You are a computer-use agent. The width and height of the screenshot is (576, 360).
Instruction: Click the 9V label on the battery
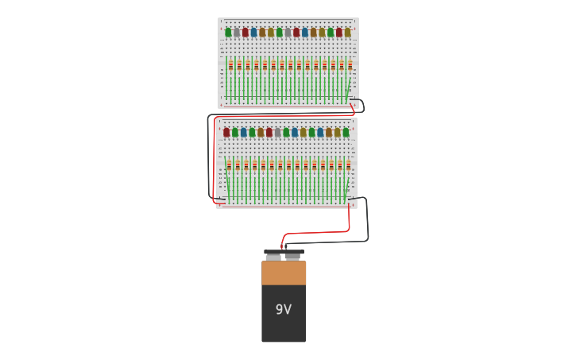point(284,309)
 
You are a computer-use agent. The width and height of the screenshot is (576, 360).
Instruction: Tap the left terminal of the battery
point(273,257)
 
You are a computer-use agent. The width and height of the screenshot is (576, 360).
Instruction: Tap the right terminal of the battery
point(293,257)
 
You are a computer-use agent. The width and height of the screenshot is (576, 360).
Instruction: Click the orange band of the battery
point(284,273)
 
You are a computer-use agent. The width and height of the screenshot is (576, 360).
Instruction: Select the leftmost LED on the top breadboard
point(228,33)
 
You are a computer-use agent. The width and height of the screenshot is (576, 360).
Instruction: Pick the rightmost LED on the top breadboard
point(347,33)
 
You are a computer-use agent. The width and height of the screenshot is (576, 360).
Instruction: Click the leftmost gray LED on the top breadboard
point(237,33)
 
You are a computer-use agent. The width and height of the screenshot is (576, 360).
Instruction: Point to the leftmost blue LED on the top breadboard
point(253,33)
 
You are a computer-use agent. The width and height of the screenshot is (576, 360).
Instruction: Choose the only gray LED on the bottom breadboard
point(277,133)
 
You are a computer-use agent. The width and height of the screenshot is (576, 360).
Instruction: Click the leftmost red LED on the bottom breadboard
point(226,133)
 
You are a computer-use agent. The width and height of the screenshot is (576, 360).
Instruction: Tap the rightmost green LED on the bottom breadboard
point(346,133)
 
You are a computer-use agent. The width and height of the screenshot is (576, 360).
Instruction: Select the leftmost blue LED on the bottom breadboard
point(243,133)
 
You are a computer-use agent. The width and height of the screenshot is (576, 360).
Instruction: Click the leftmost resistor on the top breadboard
point(231,66)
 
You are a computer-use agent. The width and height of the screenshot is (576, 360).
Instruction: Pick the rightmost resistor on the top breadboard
point(350,66)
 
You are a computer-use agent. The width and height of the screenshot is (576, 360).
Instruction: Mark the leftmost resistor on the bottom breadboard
point(229,165)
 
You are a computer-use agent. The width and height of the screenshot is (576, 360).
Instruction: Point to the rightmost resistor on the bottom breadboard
point(348,165)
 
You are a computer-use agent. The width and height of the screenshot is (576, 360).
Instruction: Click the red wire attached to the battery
point(318,233)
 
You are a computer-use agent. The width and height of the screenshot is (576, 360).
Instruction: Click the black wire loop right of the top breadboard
point(362,105)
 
